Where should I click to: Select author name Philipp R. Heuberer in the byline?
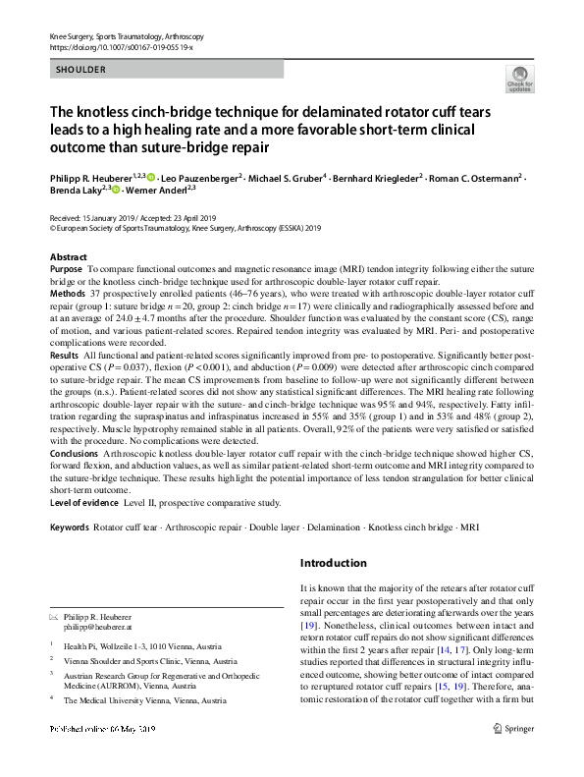(x=92, y=177)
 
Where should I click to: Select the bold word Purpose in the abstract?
(x=66, y=268)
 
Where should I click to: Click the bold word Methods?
(x=68, y=293)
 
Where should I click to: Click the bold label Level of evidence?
(x=83, y=503)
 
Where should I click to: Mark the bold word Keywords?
(x=69, y=527)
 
